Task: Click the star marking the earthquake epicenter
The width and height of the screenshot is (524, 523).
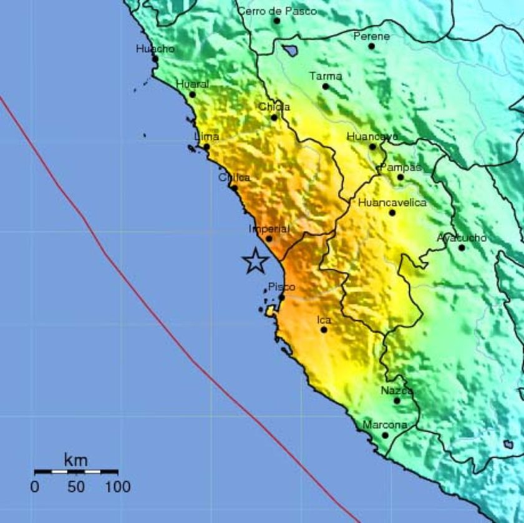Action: pyautogui.click(x=255, y=261)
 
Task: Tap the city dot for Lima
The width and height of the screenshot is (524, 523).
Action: pyautogui.click(x=206, y=147)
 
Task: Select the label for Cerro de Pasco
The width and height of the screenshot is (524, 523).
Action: pyautogui.click(x=277, y=11)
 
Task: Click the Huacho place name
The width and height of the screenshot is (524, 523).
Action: pyautogui.click(x=155, y=49)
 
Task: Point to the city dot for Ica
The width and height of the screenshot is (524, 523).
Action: pyautogui.click(x=324, y=330)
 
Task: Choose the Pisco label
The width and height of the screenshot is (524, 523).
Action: pyautogui.click(x=281, y=286)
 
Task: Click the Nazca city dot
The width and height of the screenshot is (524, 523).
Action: pyautogui.click(x=397, y=401)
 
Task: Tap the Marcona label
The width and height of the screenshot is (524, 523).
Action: pyautogui.click(x=385, y=425)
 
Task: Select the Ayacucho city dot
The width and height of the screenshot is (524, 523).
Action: pyautogui.click(x=462, y=248)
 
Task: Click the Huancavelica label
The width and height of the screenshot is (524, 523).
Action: pyautogui.click(x=392, y=202)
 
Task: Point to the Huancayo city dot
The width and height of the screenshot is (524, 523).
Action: pyautogui.click(x=372, y=147)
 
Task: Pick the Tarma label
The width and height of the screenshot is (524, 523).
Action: pyautogui.click(x=326, y=76)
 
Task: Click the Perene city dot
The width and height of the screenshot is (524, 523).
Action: pyautogui.click(x=372, y=46)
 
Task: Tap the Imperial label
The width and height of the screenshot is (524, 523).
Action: pyautogui.click(x=269, y=229)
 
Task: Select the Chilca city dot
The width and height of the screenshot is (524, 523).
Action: pyautogui.click(x=234, y=187)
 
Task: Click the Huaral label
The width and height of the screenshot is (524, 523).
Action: pyautogui.click(x=192, y=84)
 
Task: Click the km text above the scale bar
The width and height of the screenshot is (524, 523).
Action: pyautogui.click(x=75, y=461)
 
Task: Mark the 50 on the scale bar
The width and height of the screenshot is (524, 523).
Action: pyautogui.click(x=76, y=487)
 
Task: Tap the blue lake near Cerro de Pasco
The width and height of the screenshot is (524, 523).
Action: pyautogui.click(x=289, y=50)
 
